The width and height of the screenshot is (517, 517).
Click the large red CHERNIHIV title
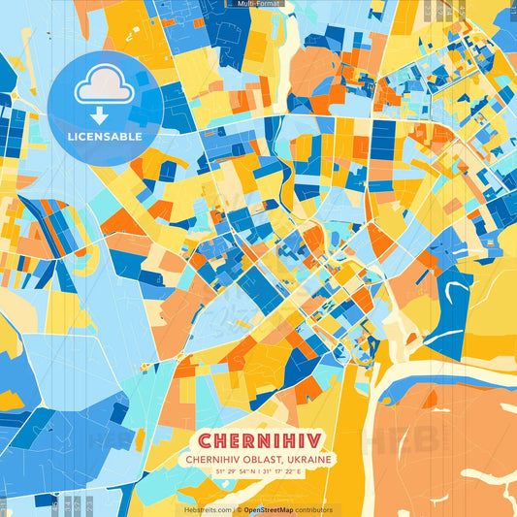[258, 439]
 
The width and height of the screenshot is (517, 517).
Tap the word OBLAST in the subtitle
[258, 459]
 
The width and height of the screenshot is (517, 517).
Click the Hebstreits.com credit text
[205, 509]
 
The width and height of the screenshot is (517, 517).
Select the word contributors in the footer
[314, 509]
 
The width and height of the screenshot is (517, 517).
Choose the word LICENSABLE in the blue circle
[104, 137]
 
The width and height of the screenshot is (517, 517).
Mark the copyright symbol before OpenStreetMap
[240, 509]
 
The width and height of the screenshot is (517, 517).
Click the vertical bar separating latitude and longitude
[258, 471]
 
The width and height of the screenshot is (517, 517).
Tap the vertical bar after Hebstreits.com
[235, 509]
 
